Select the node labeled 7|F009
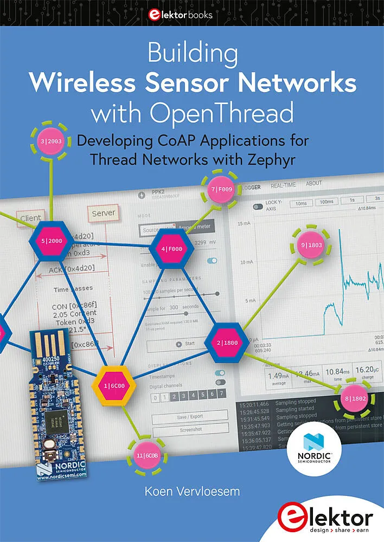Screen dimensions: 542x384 tap(221, 190)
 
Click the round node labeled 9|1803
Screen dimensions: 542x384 tap(311, 246)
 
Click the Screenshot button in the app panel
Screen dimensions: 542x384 tap(189, 429)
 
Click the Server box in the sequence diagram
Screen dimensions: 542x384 tap(103, 214)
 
